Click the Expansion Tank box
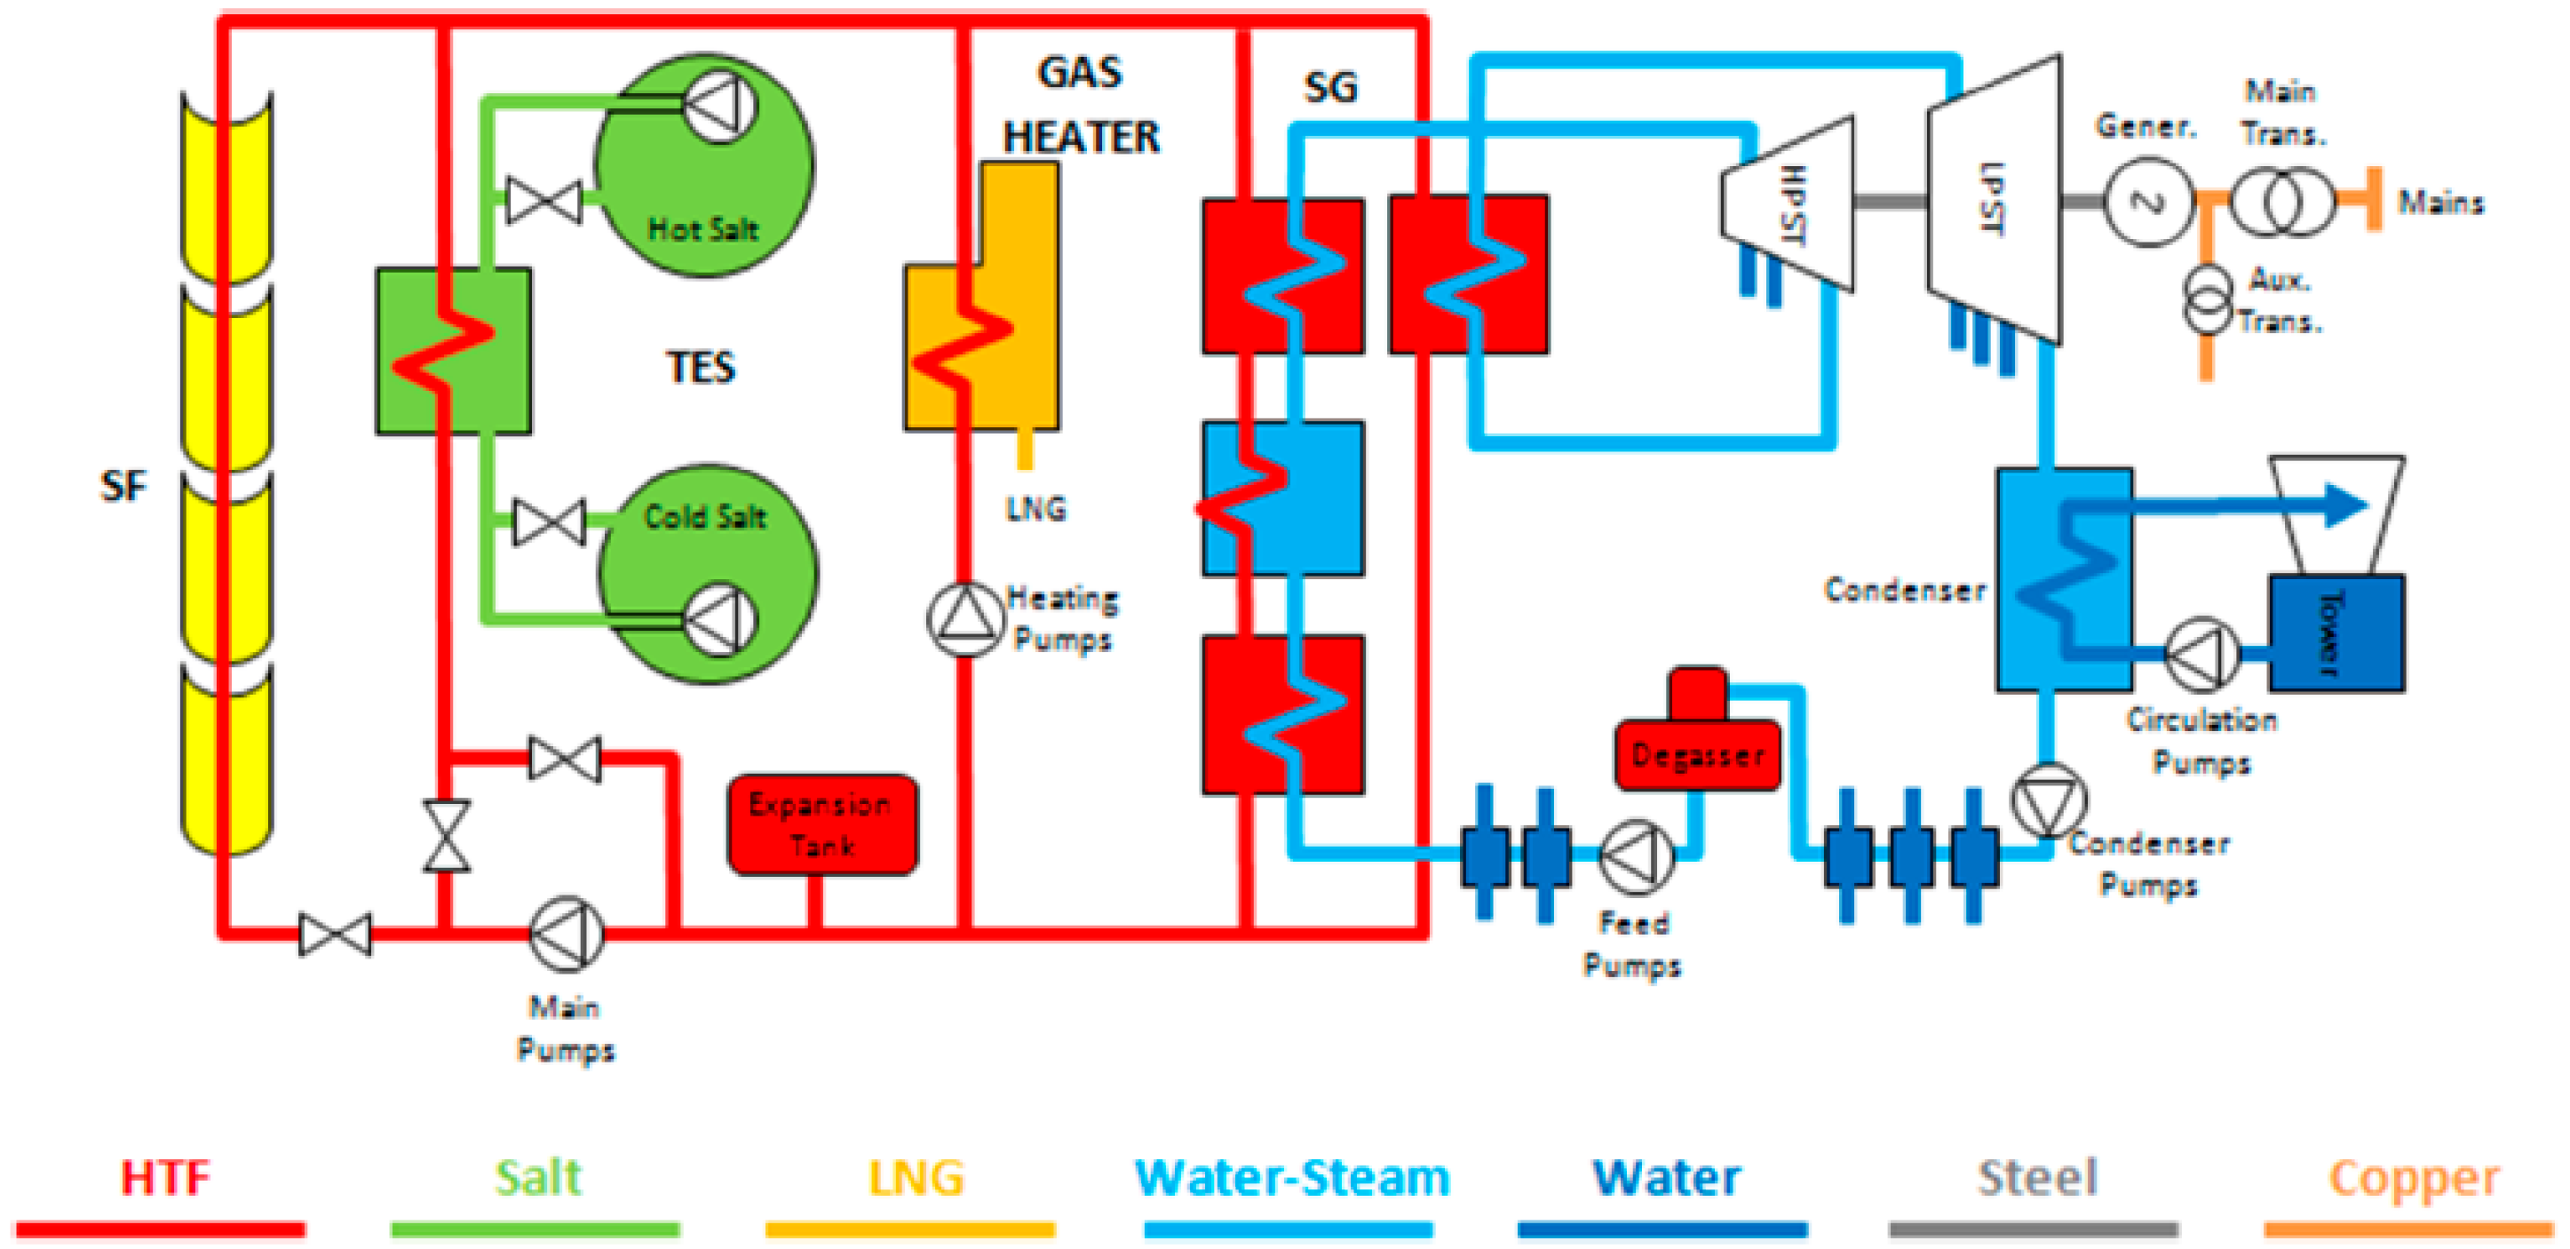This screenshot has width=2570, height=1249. click(822, 825)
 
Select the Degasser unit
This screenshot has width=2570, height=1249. click(1697, 754)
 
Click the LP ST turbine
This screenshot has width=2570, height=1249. click(1994, 200)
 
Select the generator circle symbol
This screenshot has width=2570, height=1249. click(2147, 203)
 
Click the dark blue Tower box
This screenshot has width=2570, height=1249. click(2336, 632)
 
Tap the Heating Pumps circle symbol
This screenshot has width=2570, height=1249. click(964, 618)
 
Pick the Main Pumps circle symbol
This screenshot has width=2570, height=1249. click(566, 934)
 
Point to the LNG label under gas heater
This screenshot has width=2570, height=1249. click(1035, 509)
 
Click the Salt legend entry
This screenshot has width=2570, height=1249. click(536, 1178)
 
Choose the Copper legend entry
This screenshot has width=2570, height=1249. click(2415, 1178)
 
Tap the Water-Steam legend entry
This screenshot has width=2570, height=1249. click(1292, 1178)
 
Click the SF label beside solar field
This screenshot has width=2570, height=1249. click(123, 487)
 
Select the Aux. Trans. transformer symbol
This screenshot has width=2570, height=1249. click(2207, 299)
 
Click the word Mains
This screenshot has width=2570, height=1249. click(2440, 203)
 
